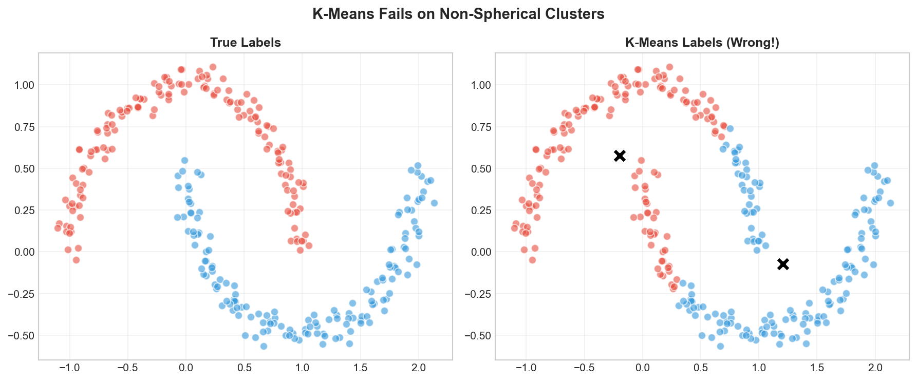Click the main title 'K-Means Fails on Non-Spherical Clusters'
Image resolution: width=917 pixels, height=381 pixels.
[x=458, y=14]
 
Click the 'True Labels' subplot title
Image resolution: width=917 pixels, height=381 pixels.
[x=245, y=43]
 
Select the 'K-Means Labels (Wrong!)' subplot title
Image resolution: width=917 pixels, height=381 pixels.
[x=702, y=43]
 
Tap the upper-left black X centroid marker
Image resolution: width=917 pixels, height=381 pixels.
[x=620, y=156]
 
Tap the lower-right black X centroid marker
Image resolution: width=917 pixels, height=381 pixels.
[x=782, y=264]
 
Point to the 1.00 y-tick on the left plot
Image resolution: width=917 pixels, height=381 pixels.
[x=21, y=85]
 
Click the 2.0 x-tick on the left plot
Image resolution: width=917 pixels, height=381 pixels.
[x=419, y=368]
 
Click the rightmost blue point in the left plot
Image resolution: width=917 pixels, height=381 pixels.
[x=434, y=203]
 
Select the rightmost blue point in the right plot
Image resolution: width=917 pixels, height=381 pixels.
[x=890, y=203]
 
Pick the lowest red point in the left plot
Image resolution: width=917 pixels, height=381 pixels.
[x=76, y=260]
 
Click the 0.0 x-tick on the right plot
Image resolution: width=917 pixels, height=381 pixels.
[x=642, y=368]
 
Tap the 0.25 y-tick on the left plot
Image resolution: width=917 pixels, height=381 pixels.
[x=21, y=211]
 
